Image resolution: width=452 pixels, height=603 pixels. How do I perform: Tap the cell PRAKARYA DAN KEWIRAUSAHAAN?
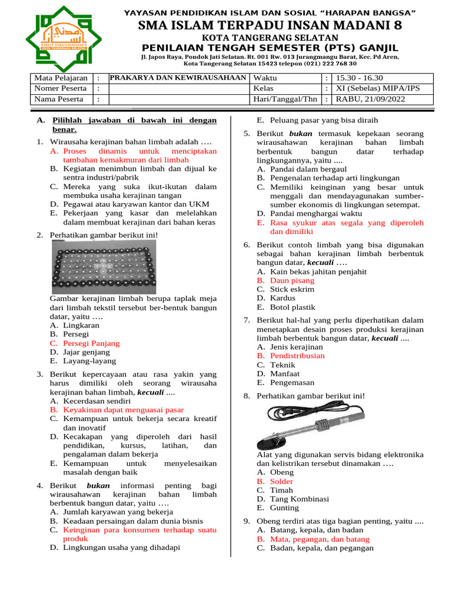(178, 78)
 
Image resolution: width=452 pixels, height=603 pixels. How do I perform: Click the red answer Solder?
(281, 482)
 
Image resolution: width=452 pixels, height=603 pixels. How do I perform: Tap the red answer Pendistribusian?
(297, 356)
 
